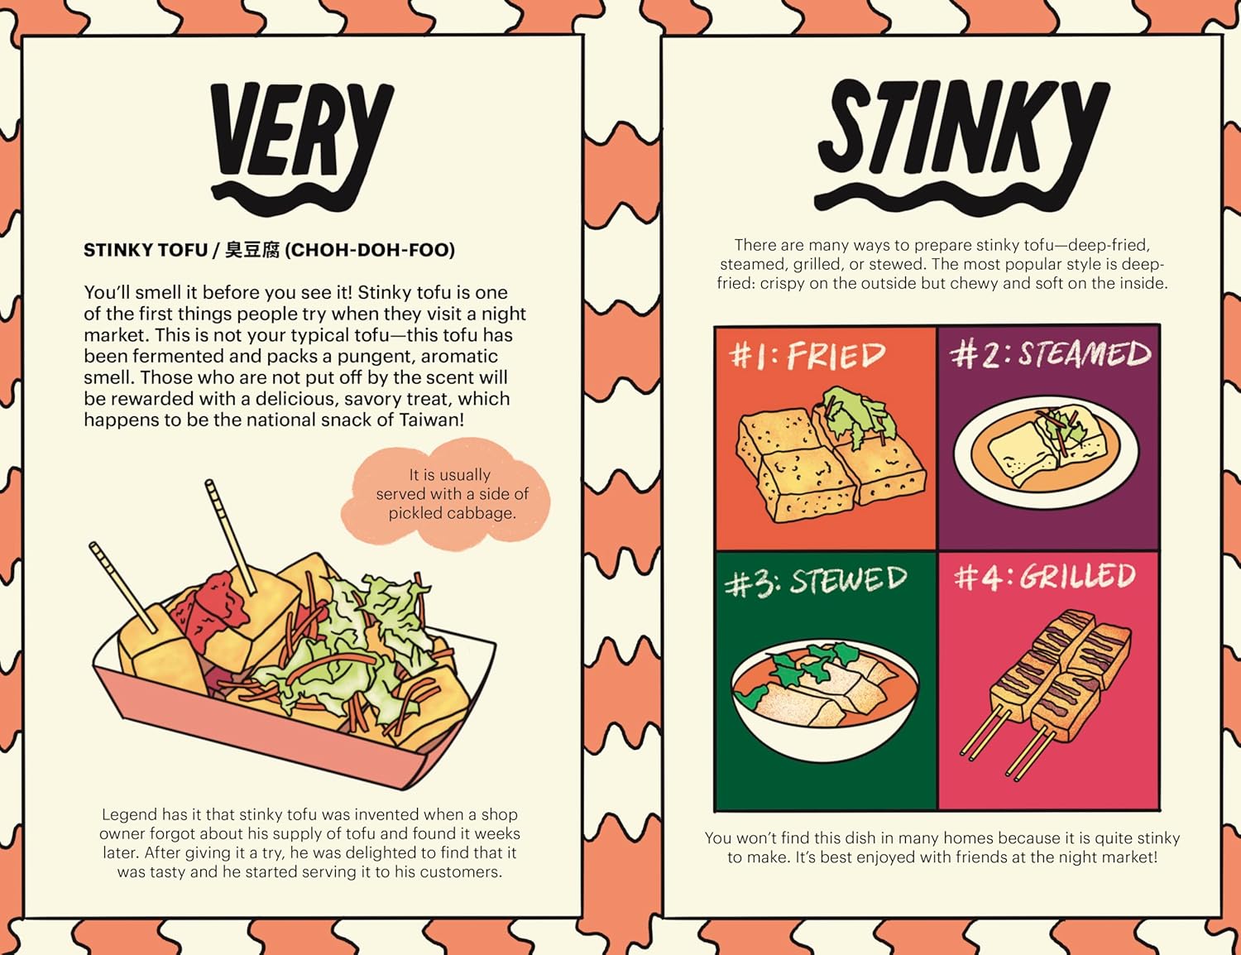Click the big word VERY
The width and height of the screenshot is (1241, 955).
301,132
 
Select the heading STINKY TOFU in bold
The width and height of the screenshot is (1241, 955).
146,250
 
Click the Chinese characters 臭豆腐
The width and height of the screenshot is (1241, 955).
252,250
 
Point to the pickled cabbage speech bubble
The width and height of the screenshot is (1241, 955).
451,494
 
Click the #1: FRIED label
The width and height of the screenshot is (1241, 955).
807,356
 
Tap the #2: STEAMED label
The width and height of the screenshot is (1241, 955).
1050,354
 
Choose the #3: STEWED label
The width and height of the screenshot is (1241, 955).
815,581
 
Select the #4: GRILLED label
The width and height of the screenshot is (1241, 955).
1045,577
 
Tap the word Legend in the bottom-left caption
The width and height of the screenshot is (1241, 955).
129,815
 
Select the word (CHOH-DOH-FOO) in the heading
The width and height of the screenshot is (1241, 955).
370,250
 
